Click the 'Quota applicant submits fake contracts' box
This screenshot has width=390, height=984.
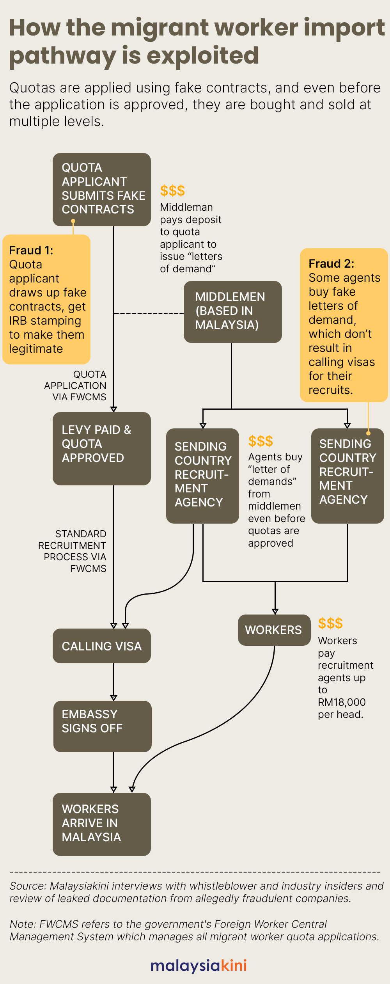click(x=101, y=189)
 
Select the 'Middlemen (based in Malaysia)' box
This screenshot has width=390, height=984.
click(x=232, y=311)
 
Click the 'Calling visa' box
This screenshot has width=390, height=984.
click(x=101, y=646)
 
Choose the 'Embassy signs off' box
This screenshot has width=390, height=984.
click(x=102, y=726)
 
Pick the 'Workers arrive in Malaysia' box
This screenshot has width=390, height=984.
click(x=101, y=824)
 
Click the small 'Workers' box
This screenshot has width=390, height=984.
click(x=274, y=630)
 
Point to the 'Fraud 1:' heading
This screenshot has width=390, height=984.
click(x=31, y=250)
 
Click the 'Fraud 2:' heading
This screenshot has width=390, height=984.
click(x=331, y=264)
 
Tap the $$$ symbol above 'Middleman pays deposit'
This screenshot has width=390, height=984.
click(x=172, y=191)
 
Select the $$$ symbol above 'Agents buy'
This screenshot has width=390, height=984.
click(x=261, y=441)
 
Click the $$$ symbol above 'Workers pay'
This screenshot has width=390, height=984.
click(x=330, y=623)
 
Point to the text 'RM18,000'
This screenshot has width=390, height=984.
click(x=342, y=702)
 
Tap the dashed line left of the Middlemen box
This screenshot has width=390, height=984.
click(x=148, y=313)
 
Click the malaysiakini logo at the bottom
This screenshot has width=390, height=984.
click(x=198, y=965)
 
